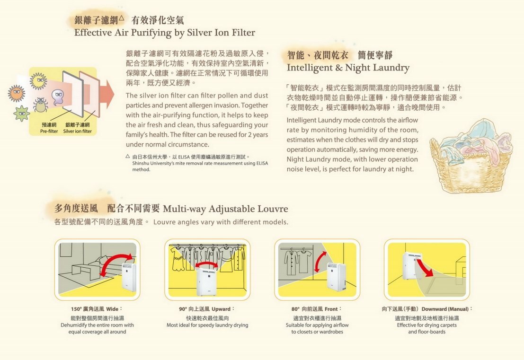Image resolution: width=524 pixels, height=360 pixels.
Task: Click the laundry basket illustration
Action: tap(471, 156)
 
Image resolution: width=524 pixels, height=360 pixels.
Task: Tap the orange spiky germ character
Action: tap(17, 93)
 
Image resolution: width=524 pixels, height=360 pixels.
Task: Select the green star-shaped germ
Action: tap(22, 113)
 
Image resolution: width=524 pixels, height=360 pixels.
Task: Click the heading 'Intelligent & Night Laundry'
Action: tap(348, 68)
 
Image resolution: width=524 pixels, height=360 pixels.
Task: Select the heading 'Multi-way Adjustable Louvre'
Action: tap(225, 209)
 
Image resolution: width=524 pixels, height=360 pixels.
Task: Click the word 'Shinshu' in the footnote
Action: tap(141, 163)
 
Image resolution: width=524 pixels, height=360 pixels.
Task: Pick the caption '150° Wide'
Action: tap(97, 309)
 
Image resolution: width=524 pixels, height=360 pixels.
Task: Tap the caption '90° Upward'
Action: tap(207, 309)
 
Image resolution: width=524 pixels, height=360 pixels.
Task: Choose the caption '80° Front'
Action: tap(317, 309)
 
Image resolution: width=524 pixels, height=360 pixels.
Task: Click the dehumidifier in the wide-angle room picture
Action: tap(129, 280)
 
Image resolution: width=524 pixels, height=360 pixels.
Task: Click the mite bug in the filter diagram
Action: tap(41, 105)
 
